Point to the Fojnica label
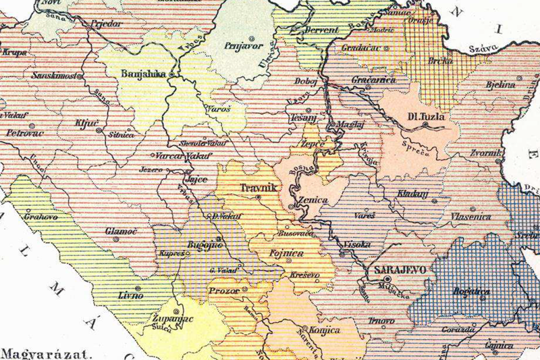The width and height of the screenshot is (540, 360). (288, 253)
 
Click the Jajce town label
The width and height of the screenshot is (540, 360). (196, 180)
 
